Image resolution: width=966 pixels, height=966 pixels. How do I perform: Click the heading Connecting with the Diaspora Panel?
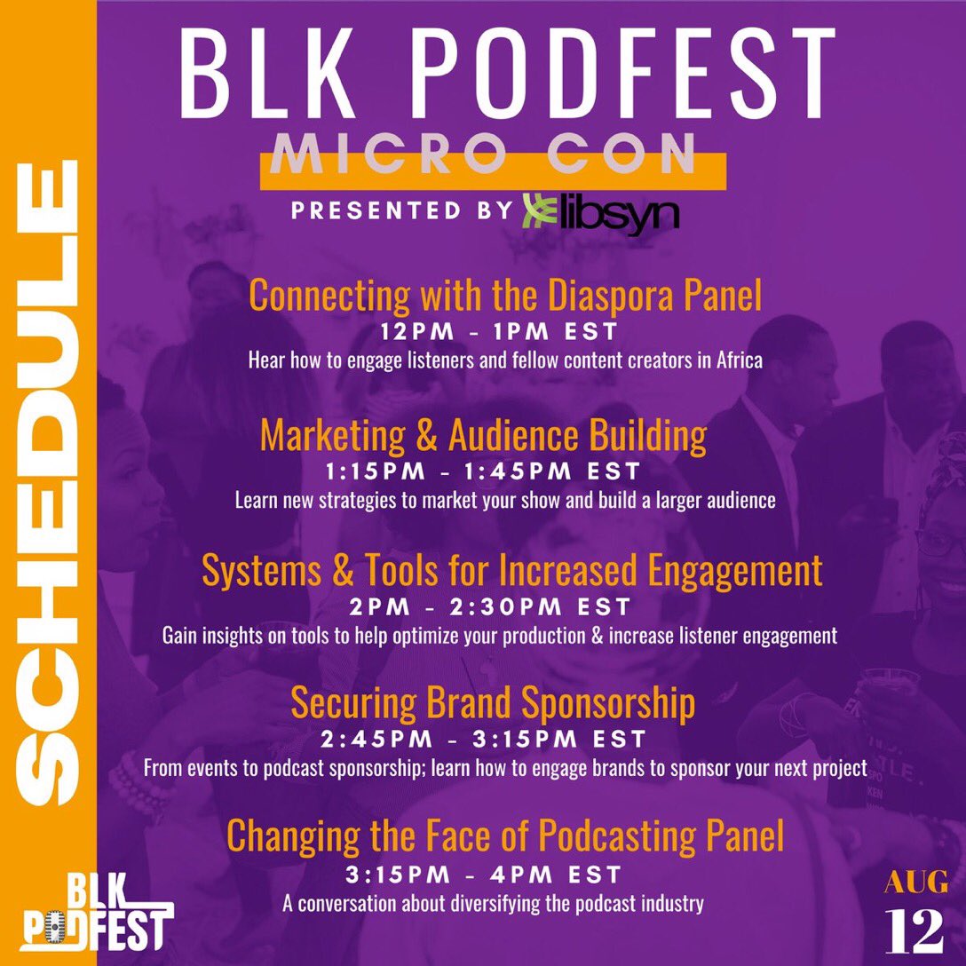505,296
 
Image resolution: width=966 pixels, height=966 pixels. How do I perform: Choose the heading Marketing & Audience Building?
484,435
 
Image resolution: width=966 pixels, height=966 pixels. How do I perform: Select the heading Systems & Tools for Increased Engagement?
512,571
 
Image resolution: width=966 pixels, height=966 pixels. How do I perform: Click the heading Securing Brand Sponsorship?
493,703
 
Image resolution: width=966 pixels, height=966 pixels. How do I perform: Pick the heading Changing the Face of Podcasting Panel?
505,835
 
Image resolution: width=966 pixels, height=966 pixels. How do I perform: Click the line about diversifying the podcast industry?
493,905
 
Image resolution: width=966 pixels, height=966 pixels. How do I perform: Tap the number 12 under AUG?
914,930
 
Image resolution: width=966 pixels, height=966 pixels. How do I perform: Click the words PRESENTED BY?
401,211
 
